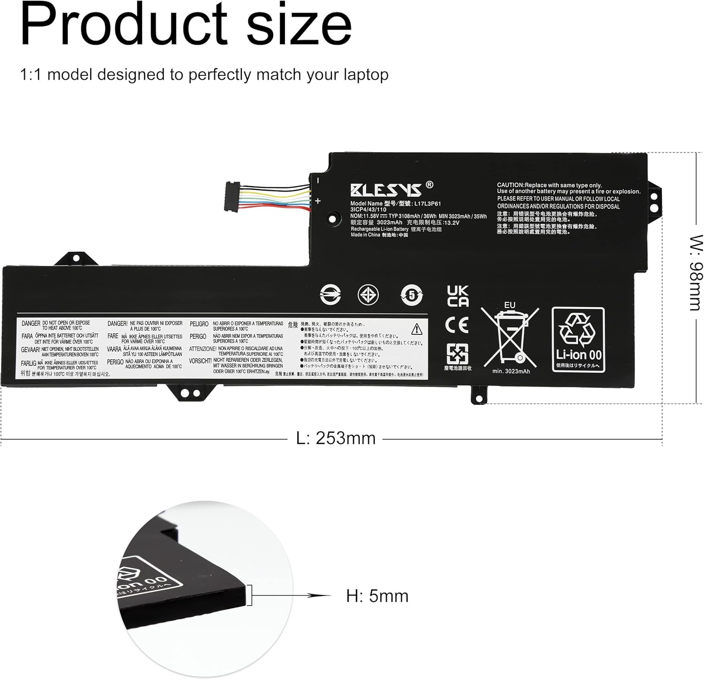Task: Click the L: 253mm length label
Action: click(x=336, y=438)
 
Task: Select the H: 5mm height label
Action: click(x=377, y=596)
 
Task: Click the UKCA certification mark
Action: click(x=458, y=296)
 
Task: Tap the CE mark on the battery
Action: click(x=457, y=325)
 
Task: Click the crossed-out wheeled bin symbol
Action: click(x=510, y=337)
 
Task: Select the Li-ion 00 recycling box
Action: click(x=578, y=340)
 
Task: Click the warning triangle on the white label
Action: click(x=416, y=329)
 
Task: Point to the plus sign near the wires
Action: click(x=318, y=201)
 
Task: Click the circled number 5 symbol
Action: click(x=412, y=295)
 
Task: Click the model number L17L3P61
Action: click(x=427, y=204)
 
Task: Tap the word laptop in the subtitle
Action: click(x=366, y=75)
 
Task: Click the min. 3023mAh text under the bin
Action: click(x=511, y=371)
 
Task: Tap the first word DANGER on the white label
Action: click(x=31, y=323)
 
